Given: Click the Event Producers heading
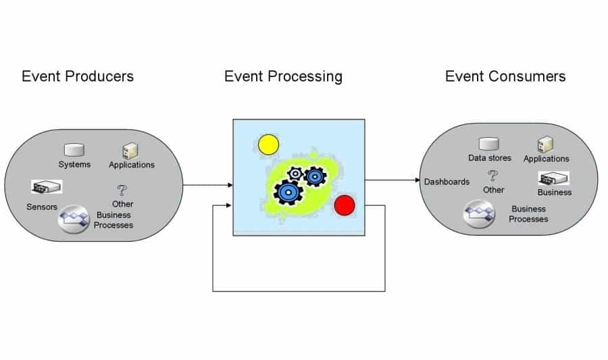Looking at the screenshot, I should point(78,76).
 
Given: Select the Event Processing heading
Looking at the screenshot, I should point(283,76).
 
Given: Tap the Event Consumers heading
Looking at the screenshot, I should point(505,76).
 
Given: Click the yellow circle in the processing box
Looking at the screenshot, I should point(268,145).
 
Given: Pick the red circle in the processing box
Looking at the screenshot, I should point(345,205).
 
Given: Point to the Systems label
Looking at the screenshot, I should point(74,164).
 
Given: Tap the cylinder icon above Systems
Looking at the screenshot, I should point(73,151).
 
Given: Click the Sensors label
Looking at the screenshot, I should point(42,207).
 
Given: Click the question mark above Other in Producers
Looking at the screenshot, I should point(122,190).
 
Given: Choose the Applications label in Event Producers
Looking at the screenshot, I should point(132,164).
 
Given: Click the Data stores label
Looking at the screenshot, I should point(490,158).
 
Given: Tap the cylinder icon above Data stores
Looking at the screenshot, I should point(488,144).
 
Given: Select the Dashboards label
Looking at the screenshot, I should point(447,182).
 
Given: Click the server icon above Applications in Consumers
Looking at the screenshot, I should point(545,145).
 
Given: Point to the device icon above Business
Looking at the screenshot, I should point(554,178).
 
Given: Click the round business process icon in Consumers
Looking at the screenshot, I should point(478,215).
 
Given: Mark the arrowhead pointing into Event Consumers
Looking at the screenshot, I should point(417,180).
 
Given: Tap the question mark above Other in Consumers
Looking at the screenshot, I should point(494,176).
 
